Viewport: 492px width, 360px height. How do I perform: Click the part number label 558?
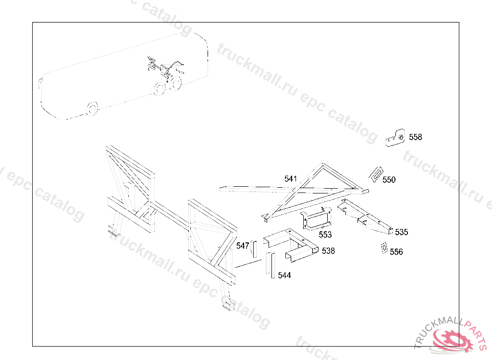pos(416,137)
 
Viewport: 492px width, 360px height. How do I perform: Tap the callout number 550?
pos(389,180)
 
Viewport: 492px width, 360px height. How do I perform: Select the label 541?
pos(291,179)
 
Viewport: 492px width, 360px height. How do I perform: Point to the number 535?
pos(402,232)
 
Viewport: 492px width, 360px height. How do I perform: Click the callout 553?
pos(325,235)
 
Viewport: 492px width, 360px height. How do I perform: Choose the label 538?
pos(328,251)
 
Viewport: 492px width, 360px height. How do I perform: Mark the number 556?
pos(396,252)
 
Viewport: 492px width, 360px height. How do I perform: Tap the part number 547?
pos(243,246)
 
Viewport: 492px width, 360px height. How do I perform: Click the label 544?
pos(284,276)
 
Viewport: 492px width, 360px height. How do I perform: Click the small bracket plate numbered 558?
pos(395,138)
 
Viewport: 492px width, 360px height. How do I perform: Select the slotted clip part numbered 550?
pos(376,174)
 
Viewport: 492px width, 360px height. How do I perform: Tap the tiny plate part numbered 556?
pos(384,248)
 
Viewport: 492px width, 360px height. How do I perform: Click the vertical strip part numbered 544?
pos(271,265)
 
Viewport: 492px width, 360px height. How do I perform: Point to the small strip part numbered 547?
pos(254,249)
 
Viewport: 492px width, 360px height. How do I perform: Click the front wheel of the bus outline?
pos(92,108)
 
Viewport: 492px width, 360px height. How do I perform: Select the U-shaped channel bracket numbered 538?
pos(291,245)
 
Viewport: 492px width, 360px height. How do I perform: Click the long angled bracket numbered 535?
pos(366,216)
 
